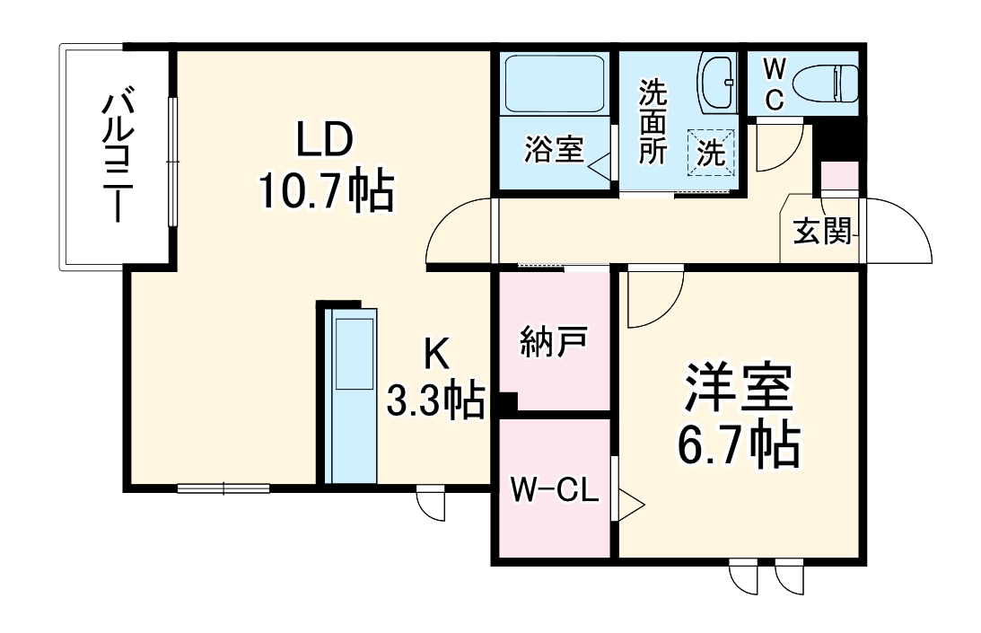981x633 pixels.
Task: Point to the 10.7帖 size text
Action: click(327, 190)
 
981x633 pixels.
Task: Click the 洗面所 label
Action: click(653, 122)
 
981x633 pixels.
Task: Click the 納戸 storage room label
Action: click(554, 343)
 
